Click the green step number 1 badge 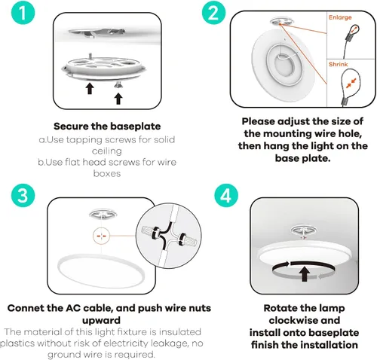point(23,13)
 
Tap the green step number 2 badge point(213,13)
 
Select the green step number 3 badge point(23,195)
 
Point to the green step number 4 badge point(226,195)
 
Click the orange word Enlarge point(340,17)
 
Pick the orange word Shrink point(338,64)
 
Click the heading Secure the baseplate point(107,127)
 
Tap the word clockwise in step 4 point(304,320)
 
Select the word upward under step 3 point(101,321)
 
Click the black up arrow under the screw point(118,99)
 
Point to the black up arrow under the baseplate point(90,89)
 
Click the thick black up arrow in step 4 point(305,274)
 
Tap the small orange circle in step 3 point(101,236)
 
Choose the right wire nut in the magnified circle point(187,240)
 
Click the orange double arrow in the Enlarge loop point(354,29)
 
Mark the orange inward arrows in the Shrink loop point(351,83)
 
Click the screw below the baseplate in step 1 point(118,85)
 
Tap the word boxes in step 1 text point(107,173)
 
